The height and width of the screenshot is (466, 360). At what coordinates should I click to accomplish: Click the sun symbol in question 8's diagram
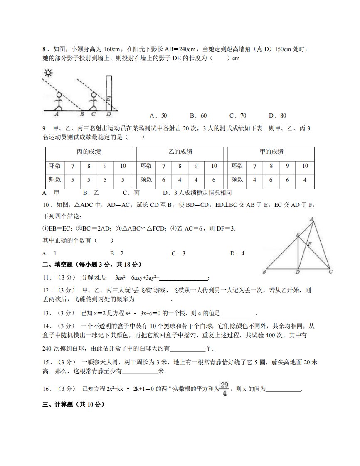coord(49,74)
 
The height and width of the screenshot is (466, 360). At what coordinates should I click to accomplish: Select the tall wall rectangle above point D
coord(109,93)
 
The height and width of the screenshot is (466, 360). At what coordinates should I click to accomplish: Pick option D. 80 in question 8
coord(277,115)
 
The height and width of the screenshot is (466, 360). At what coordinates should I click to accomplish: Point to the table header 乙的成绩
coord(180,152)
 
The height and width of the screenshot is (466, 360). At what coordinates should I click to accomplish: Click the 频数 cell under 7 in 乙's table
coord(164,180)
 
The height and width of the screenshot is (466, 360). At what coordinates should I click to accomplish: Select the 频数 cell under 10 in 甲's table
coord(305,180)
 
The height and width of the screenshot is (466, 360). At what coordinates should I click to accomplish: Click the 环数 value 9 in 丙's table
coord(105,166)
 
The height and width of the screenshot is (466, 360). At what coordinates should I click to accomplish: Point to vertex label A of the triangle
coord(312,219)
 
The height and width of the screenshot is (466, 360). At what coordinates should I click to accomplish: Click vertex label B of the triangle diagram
coord(264,272)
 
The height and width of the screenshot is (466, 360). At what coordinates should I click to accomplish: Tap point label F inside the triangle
coord(309,244)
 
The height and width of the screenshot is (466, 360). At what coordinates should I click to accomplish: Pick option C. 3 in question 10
coord(178,253)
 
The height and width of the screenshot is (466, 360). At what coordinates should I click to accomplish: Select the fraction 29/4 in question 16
coord(224,389)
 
